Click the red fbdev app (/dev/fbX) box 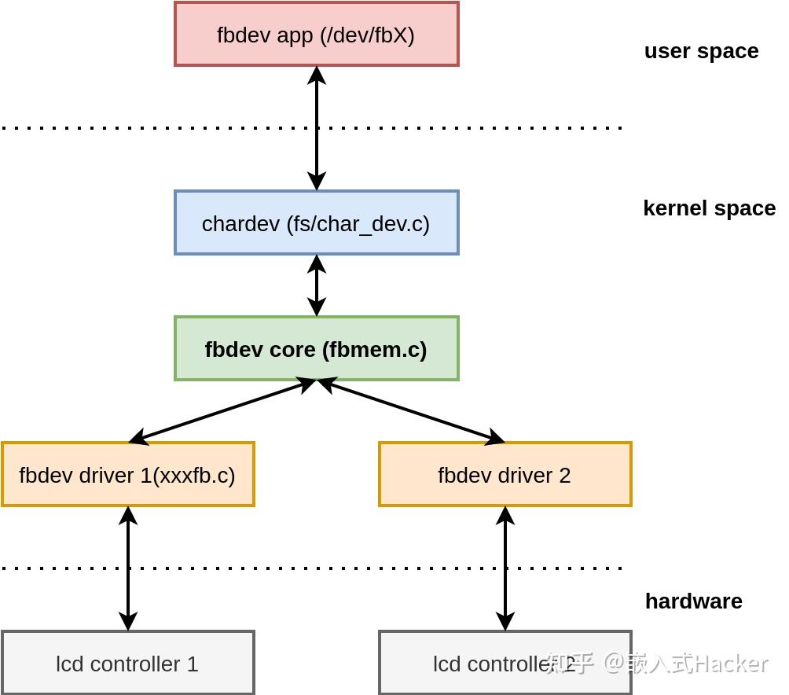tap(316, 35)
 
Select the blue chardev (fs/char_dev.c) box tap(316, 223)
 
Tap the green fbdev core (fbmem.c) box tap(316, 349)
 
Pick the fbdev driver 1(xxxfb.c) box tap(127, 475)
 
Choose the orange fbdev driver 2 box tap(505, 475)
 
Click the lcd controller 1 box tap(127, 664)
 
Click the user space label tap(701, 51)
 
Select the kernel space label tap(709, 208)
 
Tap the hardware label tap(693, 601)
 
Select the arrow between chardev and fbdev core tap(317, 285)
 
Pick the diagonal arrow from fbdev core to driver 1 tap(222, 411)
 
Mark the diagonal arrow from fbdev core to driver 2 tap(411, 411)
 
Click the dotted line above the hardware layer tap(314, 568)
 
